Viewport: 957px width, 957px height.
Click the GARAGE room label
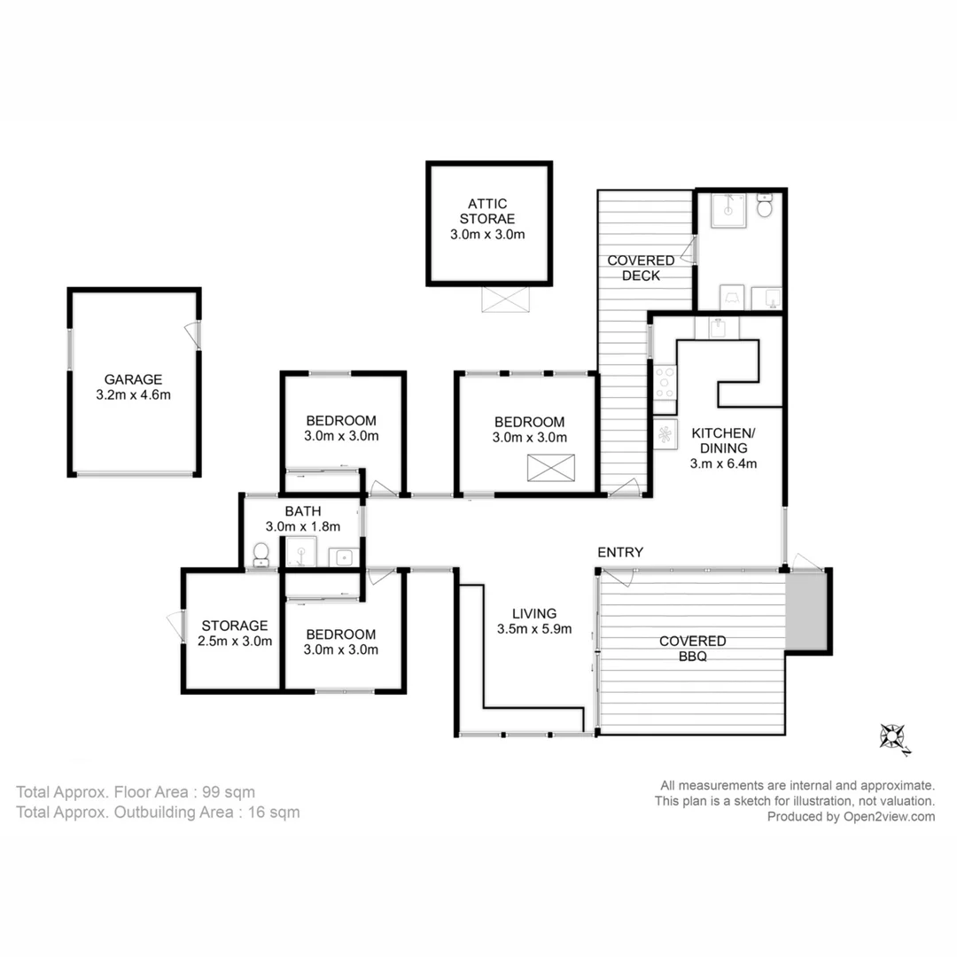(133, 379)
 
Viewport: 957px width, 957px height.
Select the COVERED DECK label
(641, 268)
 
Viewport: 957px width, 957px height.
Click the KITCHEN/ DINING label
(724, 440)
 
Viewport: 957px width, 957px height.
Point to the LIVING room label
(534, 613)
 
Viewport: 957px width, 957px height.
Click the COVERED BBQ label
(692, 649)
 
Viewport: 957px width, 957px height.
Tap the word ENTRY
(620, 552)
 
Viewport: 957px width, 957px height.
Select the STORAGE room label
(235, 626)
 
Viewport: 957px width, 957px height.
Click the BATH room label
(302, 511)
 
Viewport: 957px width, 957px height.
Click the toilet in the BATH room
(261, 555)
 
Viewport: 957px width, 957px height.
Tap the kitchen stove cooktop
(665, 383)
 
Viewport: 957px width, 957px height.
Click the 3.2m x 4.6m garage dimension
(133, 394)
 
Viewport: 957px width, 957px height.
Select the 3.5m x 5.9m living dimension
(534, 630)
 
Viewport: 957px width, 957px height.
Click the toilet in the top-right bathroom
(766, 208)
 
